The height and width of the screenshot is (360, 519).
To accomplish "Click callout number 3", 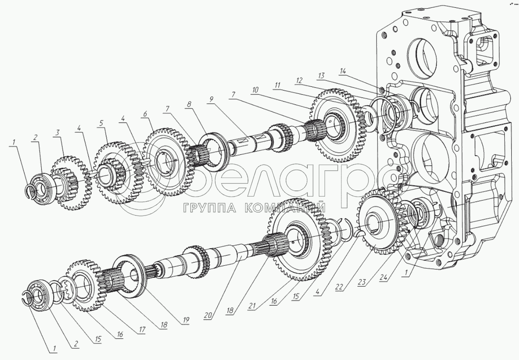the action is pyautogui.click(x=58, y=132).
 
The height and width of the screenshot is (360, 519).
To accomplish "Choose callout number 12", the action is pyautogui.click(x=300, y=80).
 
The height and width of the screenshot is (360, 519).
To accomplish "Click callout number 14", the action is pyautogui.click(x=342, y=71).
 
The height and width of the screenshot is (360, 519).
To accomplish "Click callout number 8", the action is pyautogui.click(x=189, y=105).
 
